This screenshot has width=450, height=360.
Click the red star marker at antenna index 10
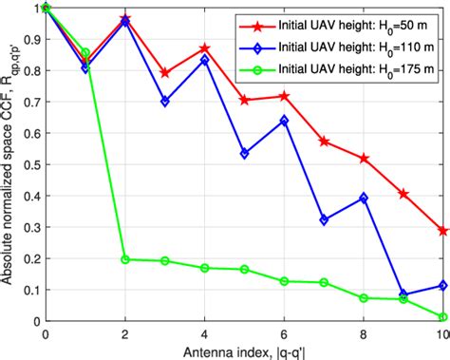[443, 231]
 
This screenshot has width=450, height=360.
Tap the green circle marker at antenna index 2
[125, 258]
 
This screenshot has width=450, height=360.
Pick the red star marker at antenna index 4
[205, 47]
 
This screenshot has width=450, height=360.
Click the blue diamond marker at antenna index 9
[403, 294]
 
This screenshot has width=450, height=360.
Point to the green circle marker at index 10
[443, 317]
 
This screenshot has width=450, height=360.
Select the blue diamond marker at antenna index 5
[245, 153]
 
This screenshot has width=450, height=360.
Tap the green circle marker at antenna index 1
[85, 53]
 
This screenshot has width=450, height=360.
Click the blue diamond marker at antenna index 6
[285, 121]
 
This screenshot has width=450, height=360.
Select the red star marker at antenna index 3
[165, 72]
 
